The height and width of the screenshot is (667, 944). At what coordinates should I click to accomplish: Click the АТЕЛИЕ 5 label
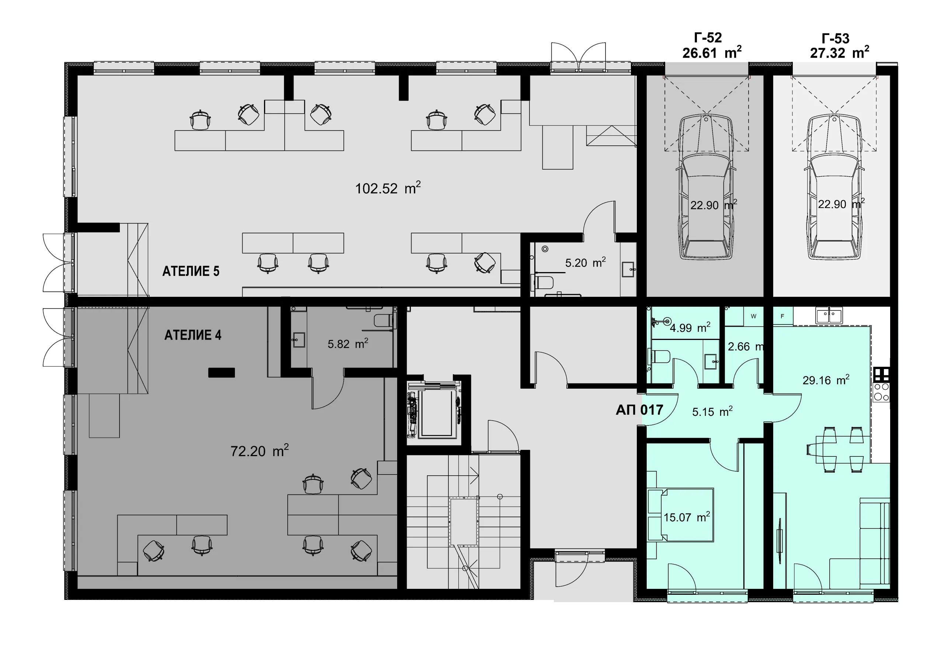coord(191,271)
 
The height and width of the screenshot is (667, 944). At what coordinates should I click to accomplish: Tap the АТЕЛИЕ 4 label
coord(193,335)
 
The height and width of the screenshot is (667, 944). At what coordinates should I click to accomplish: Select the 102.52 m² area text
coord(388,188)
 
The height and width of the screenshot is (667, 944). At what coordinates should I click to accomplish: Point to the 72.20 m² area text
coord(260,451)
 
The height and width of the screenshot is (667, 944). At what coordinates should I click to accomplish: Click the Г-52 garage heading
coord(708,38)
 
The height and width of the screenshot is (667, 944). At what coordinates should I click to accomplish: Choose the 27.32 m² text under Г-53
coord(840,53)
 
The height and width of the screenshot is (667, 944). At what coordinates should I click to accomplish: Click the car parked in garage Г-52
coord(706,187)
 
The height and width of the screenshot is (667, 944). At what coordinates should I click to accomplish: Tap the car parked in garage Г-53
coord(834,187)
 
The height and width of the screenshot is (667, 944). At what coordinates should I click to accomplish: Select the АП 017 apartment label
coord(639,410)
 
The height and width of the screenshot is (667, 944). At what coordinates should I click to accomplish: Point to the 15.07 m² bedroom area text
coord(687,517)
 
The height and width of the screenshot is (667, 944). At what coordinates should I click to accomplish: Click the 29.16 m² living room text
coord(826,380)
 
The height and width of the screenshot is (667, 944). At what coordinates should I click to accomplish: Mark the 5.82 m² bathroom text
coord(348,343)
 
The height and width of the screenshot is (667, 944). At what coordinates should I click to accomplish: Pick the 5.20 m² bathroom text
coord(586,263)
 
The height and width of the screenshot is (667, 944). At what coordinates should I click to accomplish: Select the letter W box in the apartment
coord(754,316)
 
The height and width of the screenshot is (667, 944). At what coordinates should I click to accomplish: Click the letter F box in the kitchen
coord(782,316)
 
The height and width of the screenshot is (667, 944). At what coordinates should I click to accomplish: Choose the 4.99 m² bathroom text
coord(690,328)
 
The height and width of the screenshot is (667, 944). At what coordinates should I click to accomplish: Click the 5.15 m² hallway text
coord(712,411)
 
